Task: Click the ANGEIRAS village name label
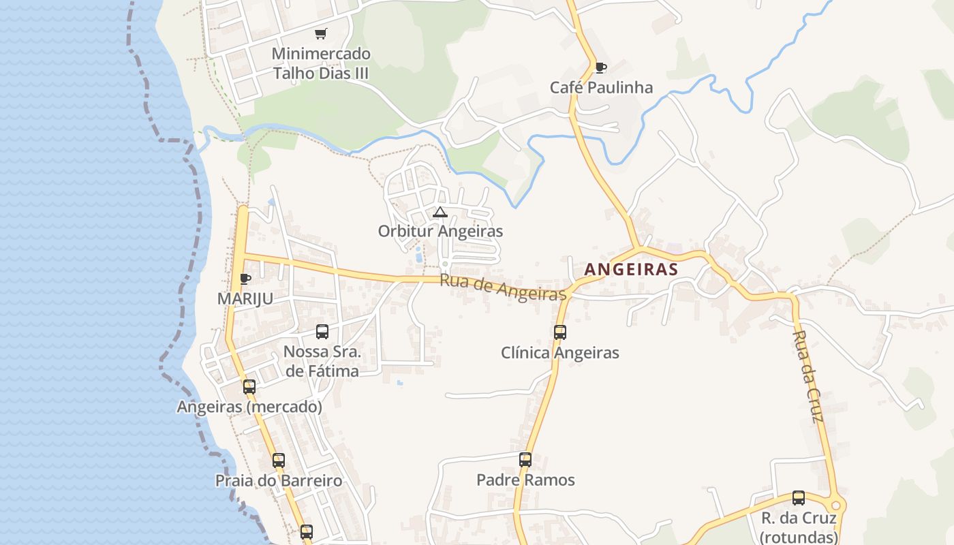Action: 631,269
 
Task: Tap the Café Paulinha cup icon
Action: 600,67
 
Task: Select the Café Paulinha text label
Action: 601,87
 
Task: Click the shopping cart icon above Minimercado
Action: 320,33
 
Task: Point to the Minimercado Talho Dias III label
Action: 321,63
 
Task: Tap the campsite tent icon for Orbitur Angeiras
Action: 440,213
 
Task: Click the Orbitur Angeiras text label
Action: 440,231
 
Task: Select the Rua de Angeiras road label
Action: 503,287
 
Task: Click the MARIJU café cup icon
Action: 245,279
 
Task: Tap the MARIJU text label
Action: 245,298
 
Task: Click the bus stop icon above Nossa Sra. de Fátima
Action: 322,332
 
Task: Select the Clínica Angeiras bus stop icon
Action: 560,332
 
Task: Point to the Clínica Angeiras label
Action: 560,353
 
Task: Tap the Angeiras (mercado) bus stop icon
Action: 249,387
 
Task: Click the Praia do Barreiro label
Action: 279,480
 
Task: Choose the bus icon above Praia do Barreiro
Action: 279,461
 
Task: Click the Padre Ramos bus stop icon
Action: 525,460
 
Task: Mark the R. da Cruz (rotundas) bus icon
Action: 799,498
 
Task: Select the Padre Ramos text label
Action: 525,480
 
